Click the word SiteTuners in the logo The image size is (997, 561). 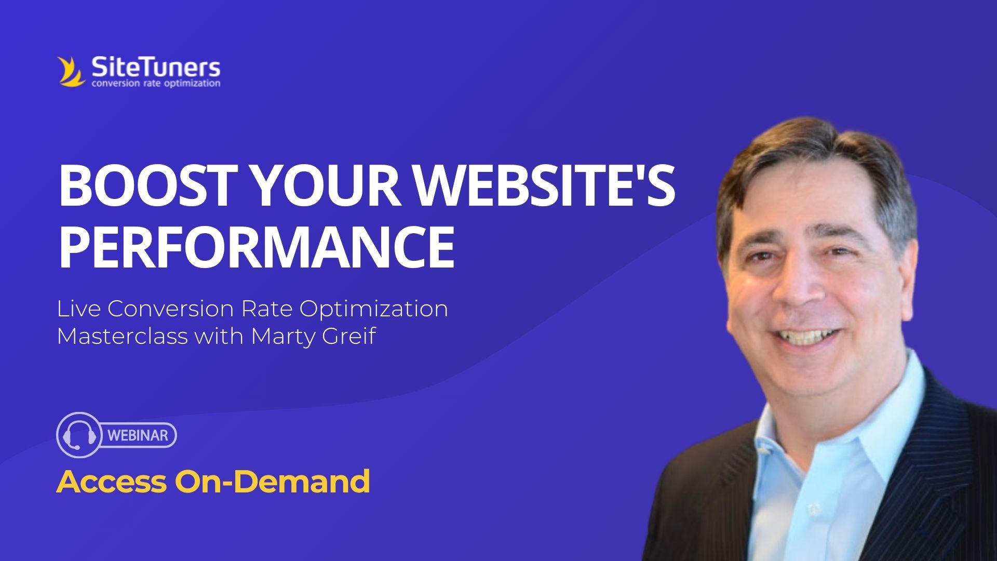tap(156, 68)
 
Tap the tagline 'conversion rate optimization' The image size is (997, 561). tap(156, 84)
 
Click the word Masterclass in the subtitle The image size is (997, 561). tap(122, 336)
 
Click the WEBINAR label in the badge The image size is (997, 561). tap(138, 435)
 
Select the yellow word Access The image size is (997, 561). tap(111, 482)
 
